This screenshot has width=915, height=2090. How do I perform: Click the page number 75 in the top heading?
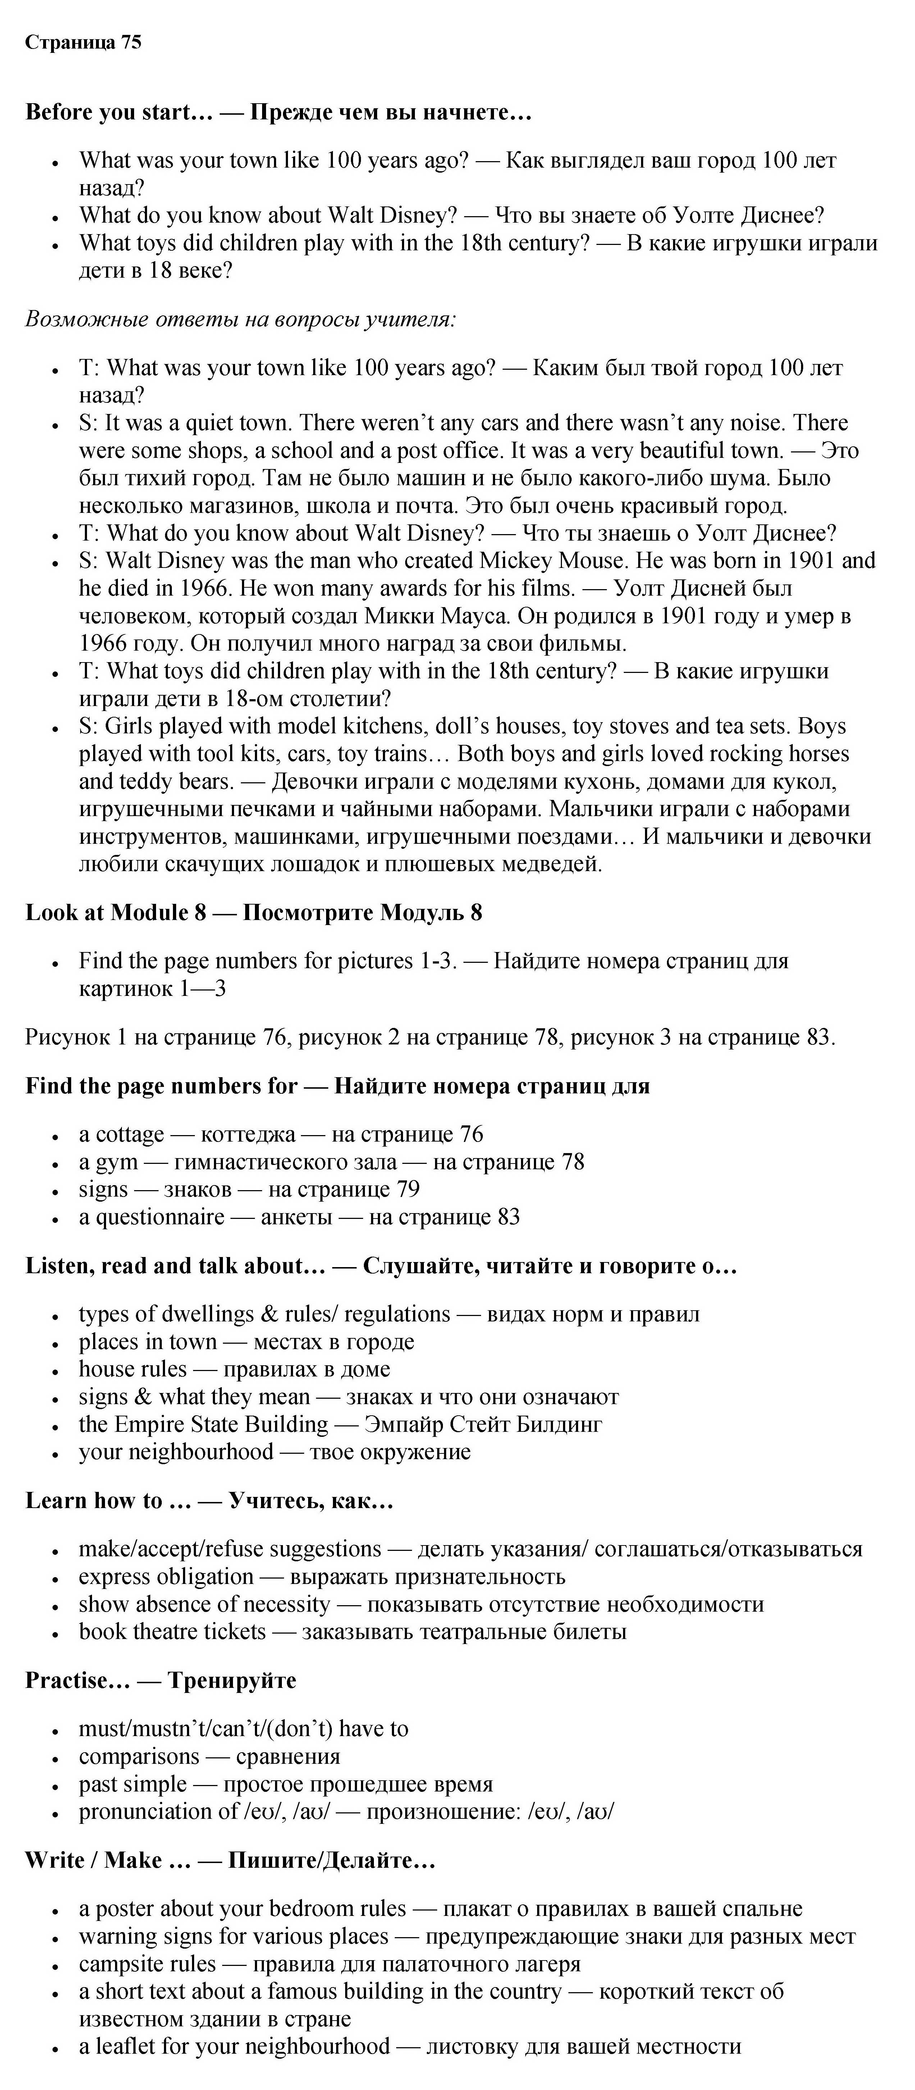[x=131, y=42]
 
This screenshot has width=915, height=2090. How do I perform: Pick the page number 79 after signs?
[x=408, y=1189]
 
